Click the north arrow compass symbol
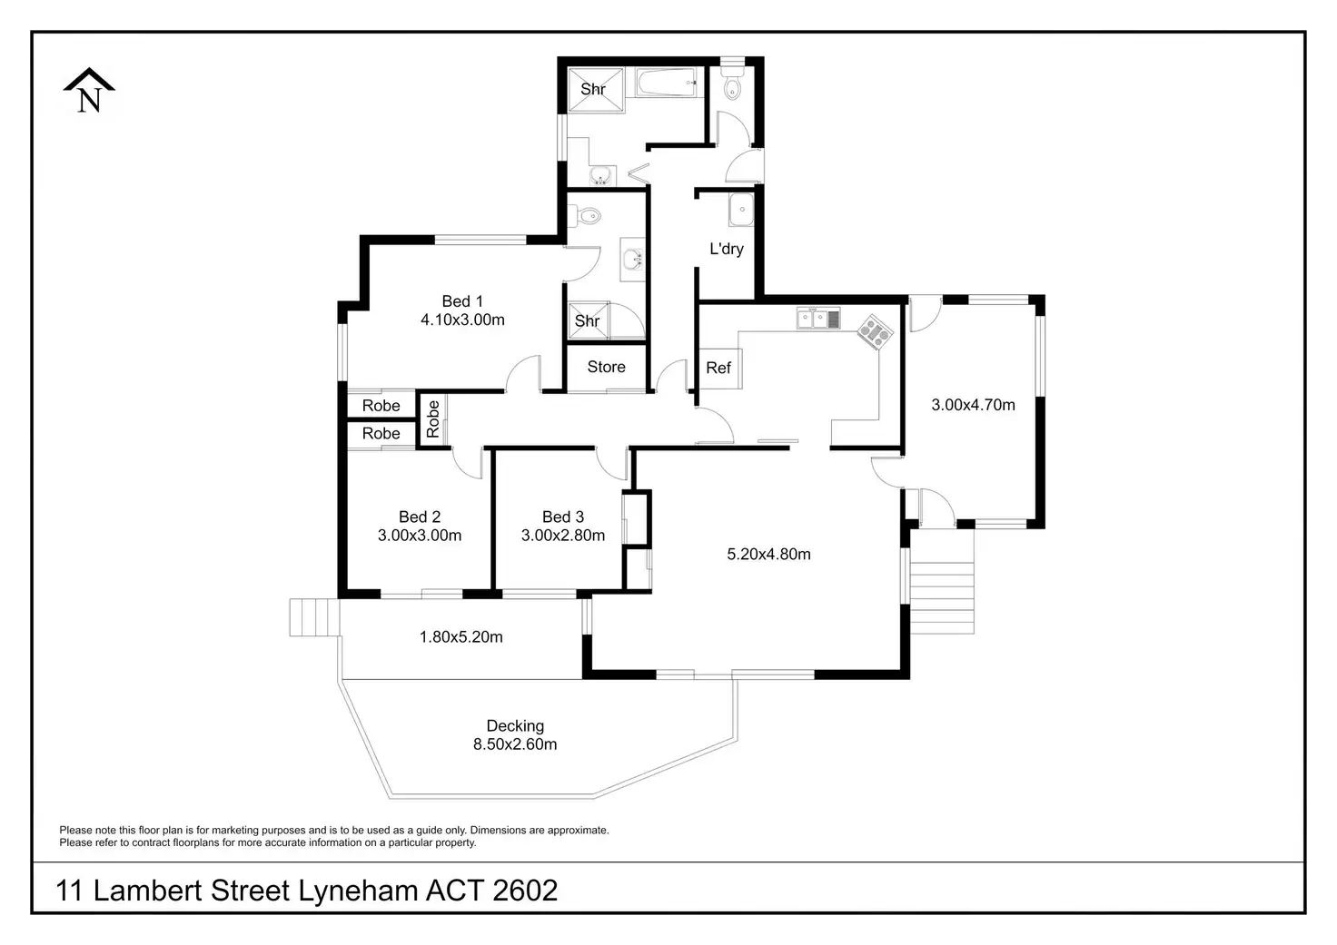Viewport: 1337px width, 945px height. [89, 92]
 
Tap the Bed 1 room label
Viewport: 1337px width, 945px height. [462, 301]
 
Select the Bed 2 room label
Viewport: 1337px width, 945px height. [419, 517]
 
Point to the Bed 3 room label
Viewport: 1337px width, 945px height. [562, 517]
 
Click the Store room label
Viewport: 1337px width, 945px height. [606, 367]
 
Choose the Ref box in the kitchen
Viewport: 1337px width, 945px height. [718, 367]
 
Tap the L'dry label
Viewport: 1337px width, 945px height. [727, 249]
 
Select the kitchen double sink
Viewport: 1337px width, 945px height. [818, 318]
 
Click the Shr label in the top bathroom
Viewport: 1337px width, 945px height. [593, 89]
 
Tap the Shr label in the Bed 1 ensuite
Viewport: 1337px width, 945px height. [587, 320]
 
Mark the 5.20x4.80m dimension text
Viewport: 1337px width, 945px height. [768, 554]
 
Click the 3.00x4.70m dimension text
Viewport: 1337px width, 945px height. [973, 405]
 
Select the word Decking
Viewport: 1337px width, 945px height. [515, 725]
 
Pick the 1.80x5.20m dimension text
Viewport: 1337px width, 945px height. [461, 637]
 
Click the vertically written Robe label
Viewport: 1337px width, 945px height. [433, 419]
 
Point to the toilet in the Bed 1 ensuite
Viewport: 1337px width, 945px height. [587, 216]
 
